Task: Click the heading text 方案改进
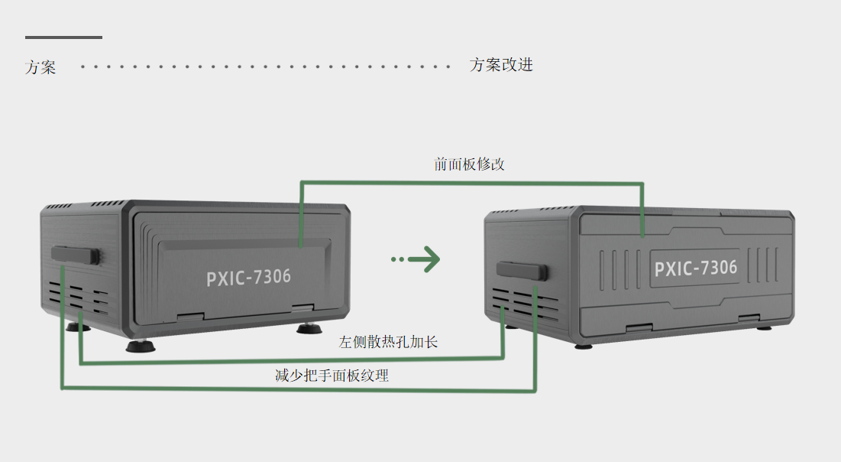coord(501,65)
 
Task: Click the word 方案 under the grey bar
coord(40,67)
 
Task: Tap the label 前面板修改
coord(469,164)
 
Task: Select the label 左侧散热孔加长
coord(388,342)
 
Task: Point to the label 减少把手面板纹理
coord(332,376)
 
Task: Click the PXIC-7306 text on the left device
coord(248,277)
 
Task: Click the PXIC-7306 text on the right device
coord(695,268)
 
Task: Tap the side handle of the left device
coord(76,255)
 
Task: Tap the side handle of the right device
coord(522,269)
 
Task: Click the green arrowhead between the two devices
coord(430,259)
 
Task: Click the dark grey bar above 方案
coord(63,37)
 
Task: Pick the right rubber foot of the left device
coord(309,329)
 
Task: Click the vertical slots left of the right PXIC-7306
coord(619,269)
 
